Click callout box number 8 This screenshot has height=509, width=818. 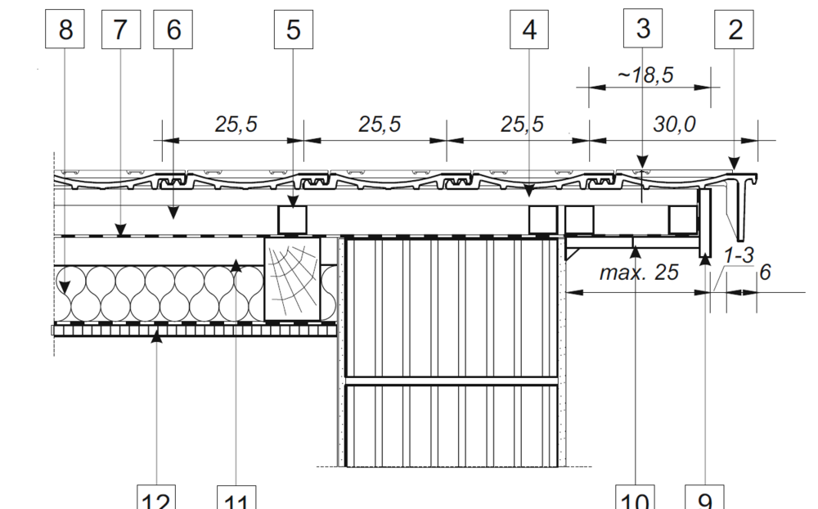tap(65, 29)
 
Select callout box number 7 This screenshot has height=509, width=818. tap(120, 29)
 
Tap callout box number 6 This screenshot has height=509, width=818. tap(173, 29)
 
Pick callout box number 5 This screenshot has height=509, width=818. tap(293, 29)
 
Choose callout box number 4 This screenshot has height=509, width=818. tap(529, 29)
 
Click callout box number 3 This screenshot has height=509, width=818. tap(643, 28)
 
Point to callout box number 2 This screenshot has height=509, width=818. tap(735, 29)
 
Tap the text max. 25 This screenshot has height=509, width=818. tap(639, 273)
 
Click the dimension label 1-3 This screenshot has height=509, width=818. tap(739, 256)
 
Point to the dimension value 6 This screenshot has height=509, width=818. tap(765, 273)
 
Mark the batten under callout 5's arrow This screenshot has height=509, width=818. tap(292, 219)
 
